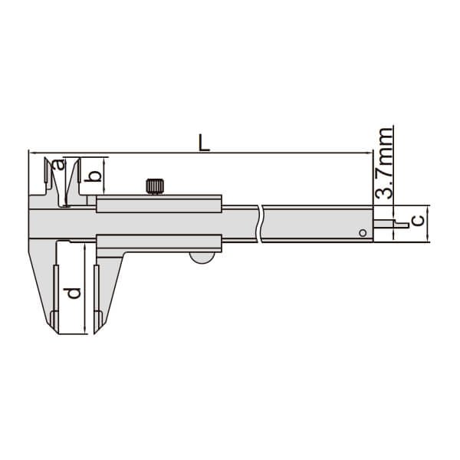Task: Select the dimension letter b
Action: click(x=94, y=177)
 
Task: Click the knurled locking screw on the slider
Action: click(x=156, y=186)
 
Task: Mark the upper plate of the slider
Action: click(x=159, y=203)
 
